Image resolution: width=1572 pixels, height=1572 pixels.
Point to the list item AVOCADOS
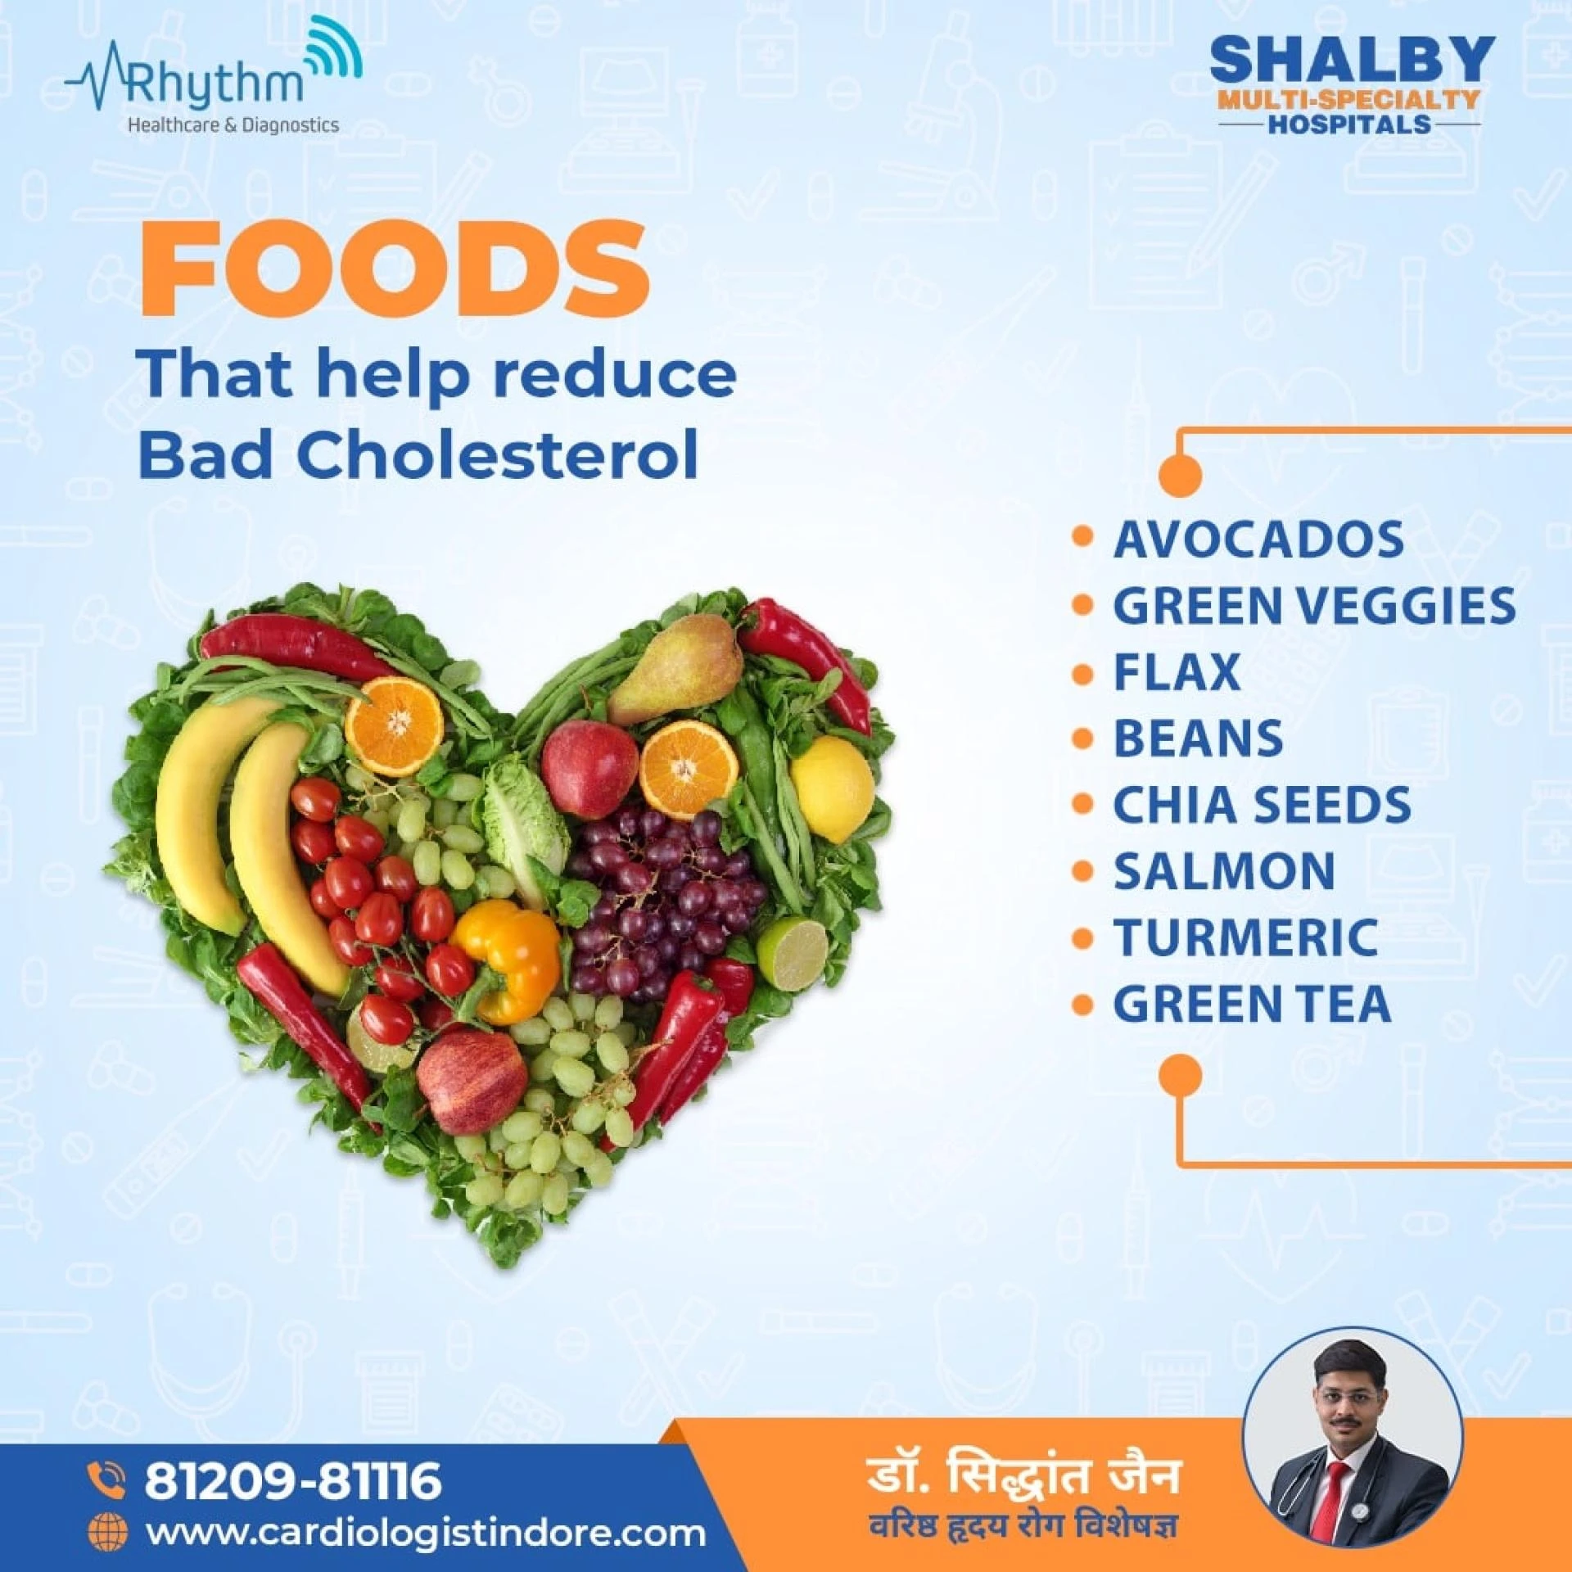click(1258, 540)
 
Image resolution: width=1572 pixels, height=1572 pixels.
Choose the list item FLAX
click(1177, 672)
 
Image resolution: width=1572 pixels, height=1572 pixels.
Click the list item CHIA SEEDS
click(1262, 805)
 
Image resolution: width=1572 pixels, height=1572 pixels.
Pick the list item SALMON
click(1224, 871)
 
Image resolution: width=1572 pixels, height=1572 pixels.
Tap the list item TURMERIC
click(1245, 937)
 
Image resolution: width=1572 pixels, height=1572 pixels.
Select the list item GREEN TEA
click(1252, 1004)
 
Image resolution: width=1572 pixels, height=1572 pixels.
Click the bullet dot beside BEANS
click(1082, 739)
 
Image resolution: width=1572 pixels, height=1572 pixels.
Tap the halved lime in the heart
click(793, 955)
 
